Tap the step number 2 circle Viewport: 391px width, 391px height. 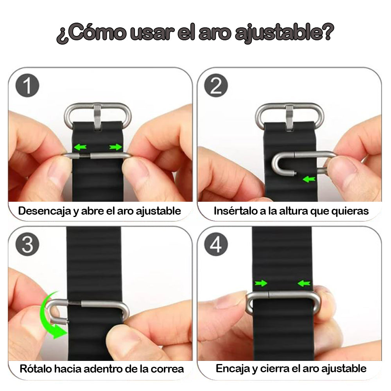[x=216, y=86]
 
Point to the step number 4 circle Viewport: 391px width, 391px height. [x=216, y=245]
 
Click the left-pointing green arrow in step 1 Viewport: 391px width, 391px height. [x=81, y=147]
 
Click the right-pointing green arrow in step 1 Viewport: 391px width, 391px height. [x=115, y=147]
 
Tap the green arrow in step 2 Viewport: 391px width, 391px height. [x=309, y=179]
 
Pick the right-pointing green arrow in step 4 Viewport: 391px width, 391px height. [x=260, y=283]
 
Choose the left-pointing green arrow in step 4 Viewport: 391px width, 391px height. [x=304, y=283]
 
